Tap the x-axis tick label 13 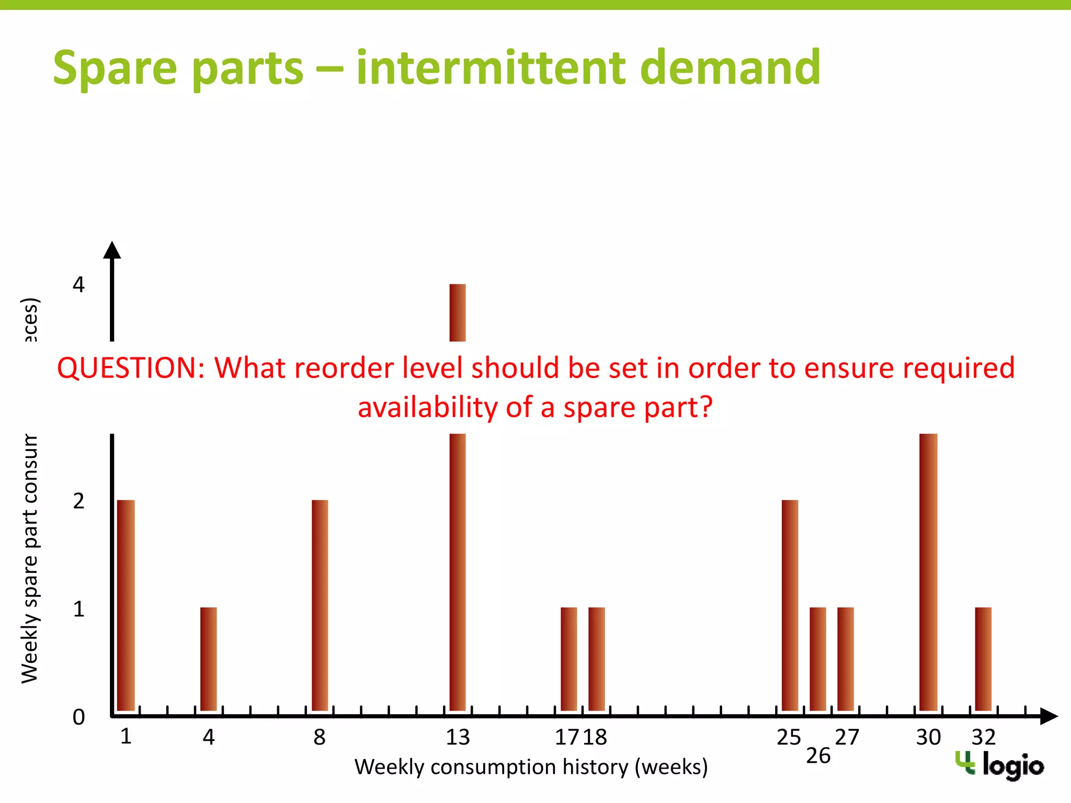tap(458, 738)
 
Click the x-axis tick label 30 tap(928, 738)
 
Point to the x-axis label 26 tap(818, 756)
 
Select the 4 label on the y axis tap(78, 285)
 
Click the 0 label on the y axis tap(78, 717)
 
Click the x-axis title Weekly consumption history tap(531, 767)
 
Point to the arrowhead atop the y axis tap(112, 250)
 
